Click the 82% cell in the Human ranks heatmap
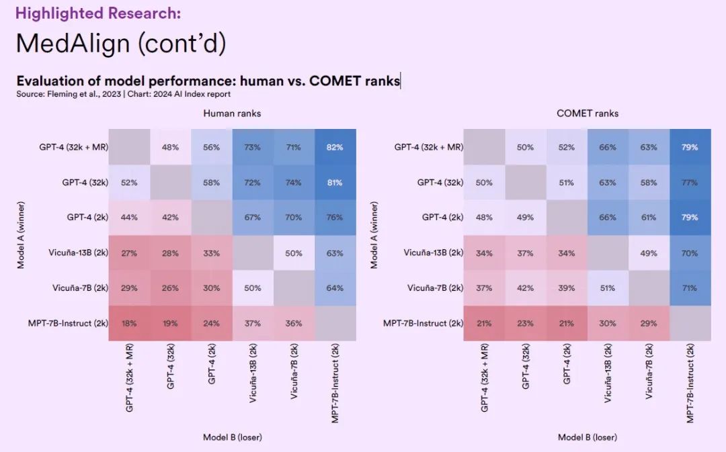pos(335,147)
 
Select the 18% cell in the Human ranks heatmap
pos(129,323)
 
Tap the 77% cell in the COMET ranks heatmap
pos(690,182)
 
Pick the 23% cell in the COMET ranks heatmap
pos(526,323)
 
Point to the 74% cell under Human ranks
pos(294,182)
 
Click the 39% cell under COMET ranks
pos(567,287)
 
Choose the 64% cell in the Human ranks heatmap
pos(335,287)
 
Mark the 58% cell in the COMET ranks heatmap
pos(649,182)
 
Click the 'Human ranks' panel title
pos(232,114)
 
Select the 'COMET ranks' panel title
pos(588,114)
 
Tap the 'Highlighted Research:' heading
pos(98,13)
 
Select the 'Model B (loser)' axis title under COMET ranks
pos(588,437)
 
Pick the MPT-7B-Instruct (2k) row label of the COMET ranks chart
pos(424,323)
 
